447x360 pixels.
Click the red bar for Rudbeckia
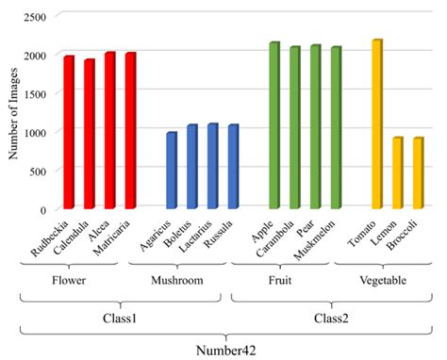pyautogui.click(x=69, y=132)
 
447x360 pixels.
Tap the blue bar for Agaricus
pyautogui.click(x=171, y=171)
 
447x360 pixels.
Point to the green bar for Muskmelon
pyautogui.click(x=336, y=127)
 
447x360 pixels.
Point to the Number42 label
pyautogui.click(x=225, y=351)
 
